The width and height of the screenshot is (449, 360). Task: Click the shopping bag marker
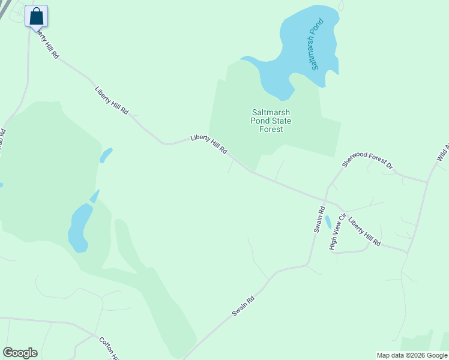pos(36,16)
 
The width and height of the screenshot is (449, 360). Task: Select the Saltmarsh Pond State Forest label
pos(271,120)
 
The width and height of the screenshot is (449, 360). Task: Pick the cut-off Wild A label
pos(443,153)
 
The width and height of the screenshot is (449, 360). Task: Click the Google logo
pos(20,353)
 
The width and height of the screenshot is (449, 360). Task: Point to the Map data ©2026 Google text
pos(412,355)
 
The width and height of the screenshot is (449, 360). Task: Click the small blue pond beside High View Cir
pos(328,223)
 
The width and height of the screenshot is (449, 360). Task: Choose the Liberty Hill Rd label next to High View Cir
pos(364,232)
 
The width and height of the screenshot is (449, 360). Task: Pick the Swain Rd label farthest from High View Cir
pos(244,306)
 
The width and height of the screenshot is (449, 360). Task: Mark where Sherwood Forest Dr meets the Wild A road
pos(427,181)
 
